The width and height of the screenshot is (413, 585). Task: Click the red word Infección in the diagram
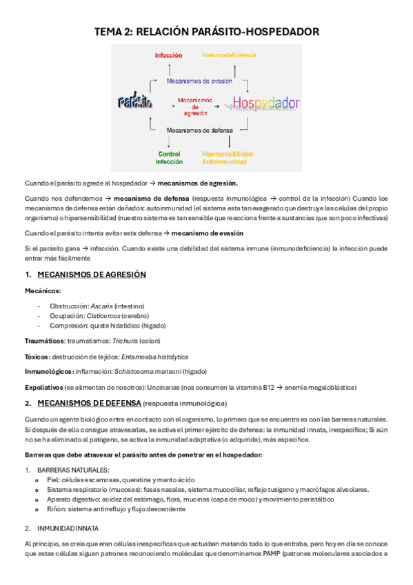pyautogui.click(x=168, y=54)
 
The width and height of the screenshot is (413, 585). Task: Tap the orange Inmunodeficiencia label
pyautogui.click(x=229, y=54)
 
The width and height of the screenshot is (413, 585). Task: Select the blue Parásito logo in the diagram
pyautogui.click(x=135, y=103)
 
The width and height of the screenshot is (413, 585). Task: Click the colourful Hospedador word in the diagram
pyautogui.click(x=265, y=103)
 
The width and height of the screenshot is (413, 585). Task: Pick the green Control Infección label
pyautogui.click(x=169, y=157)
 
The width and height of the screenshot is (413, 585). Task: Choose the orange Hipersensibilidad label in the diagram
pyautogui.click(x=227, y=154)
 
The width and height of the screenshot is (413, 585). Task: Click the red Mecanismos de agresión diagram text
pyautogui.click(x=195, y=105)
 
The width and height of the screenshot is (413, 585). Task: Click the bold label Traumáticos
pyautogui.click(x=45, y=341)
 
